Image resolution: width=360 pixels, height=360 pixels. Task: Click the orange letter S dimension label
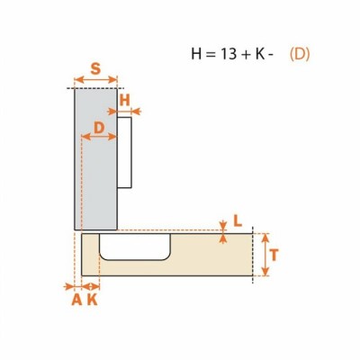click(95, 69)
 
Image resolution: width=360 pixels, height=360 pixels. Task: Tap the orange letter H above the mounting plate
click(124, 100)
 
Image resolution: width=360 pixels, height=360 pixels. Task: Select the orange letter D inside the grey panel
click(99, 128)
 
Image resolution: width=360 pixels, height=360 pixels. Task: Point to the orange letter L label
click(238, 221)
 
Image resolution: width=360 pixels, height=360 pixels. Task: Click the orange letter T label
click(274, 255)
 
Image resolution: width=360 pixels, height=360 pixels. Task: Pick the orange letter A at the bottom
click(76, 300)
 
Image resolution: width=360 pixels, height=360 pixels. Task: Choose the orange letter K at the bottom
click(93, 300)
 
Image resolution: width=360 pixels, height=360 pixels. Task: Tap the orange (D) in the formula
click(300, 54)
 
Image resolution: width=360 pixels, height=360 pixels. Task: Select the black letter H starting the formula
click(196, 54)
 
